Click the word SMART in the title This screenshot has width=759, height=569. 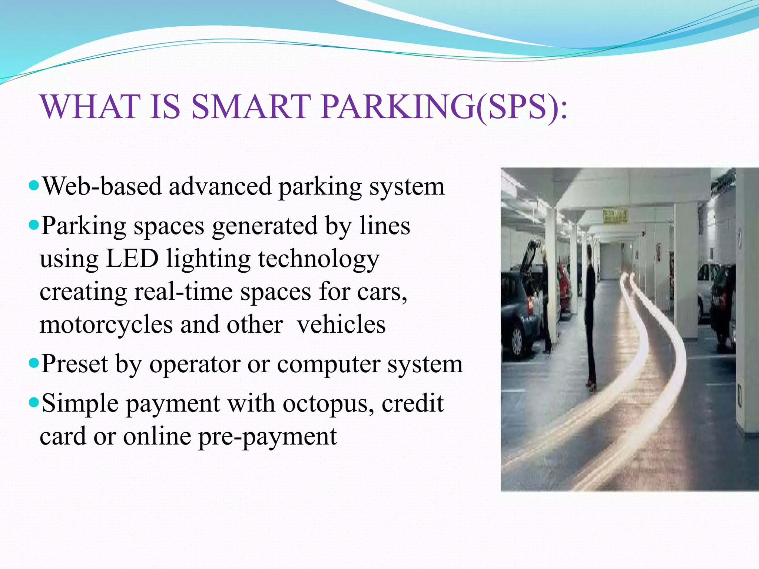coord(251,107)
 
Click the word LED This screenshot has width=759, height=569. coord(132,258)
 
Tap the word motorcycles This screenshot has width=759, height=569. coord(106,325)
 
